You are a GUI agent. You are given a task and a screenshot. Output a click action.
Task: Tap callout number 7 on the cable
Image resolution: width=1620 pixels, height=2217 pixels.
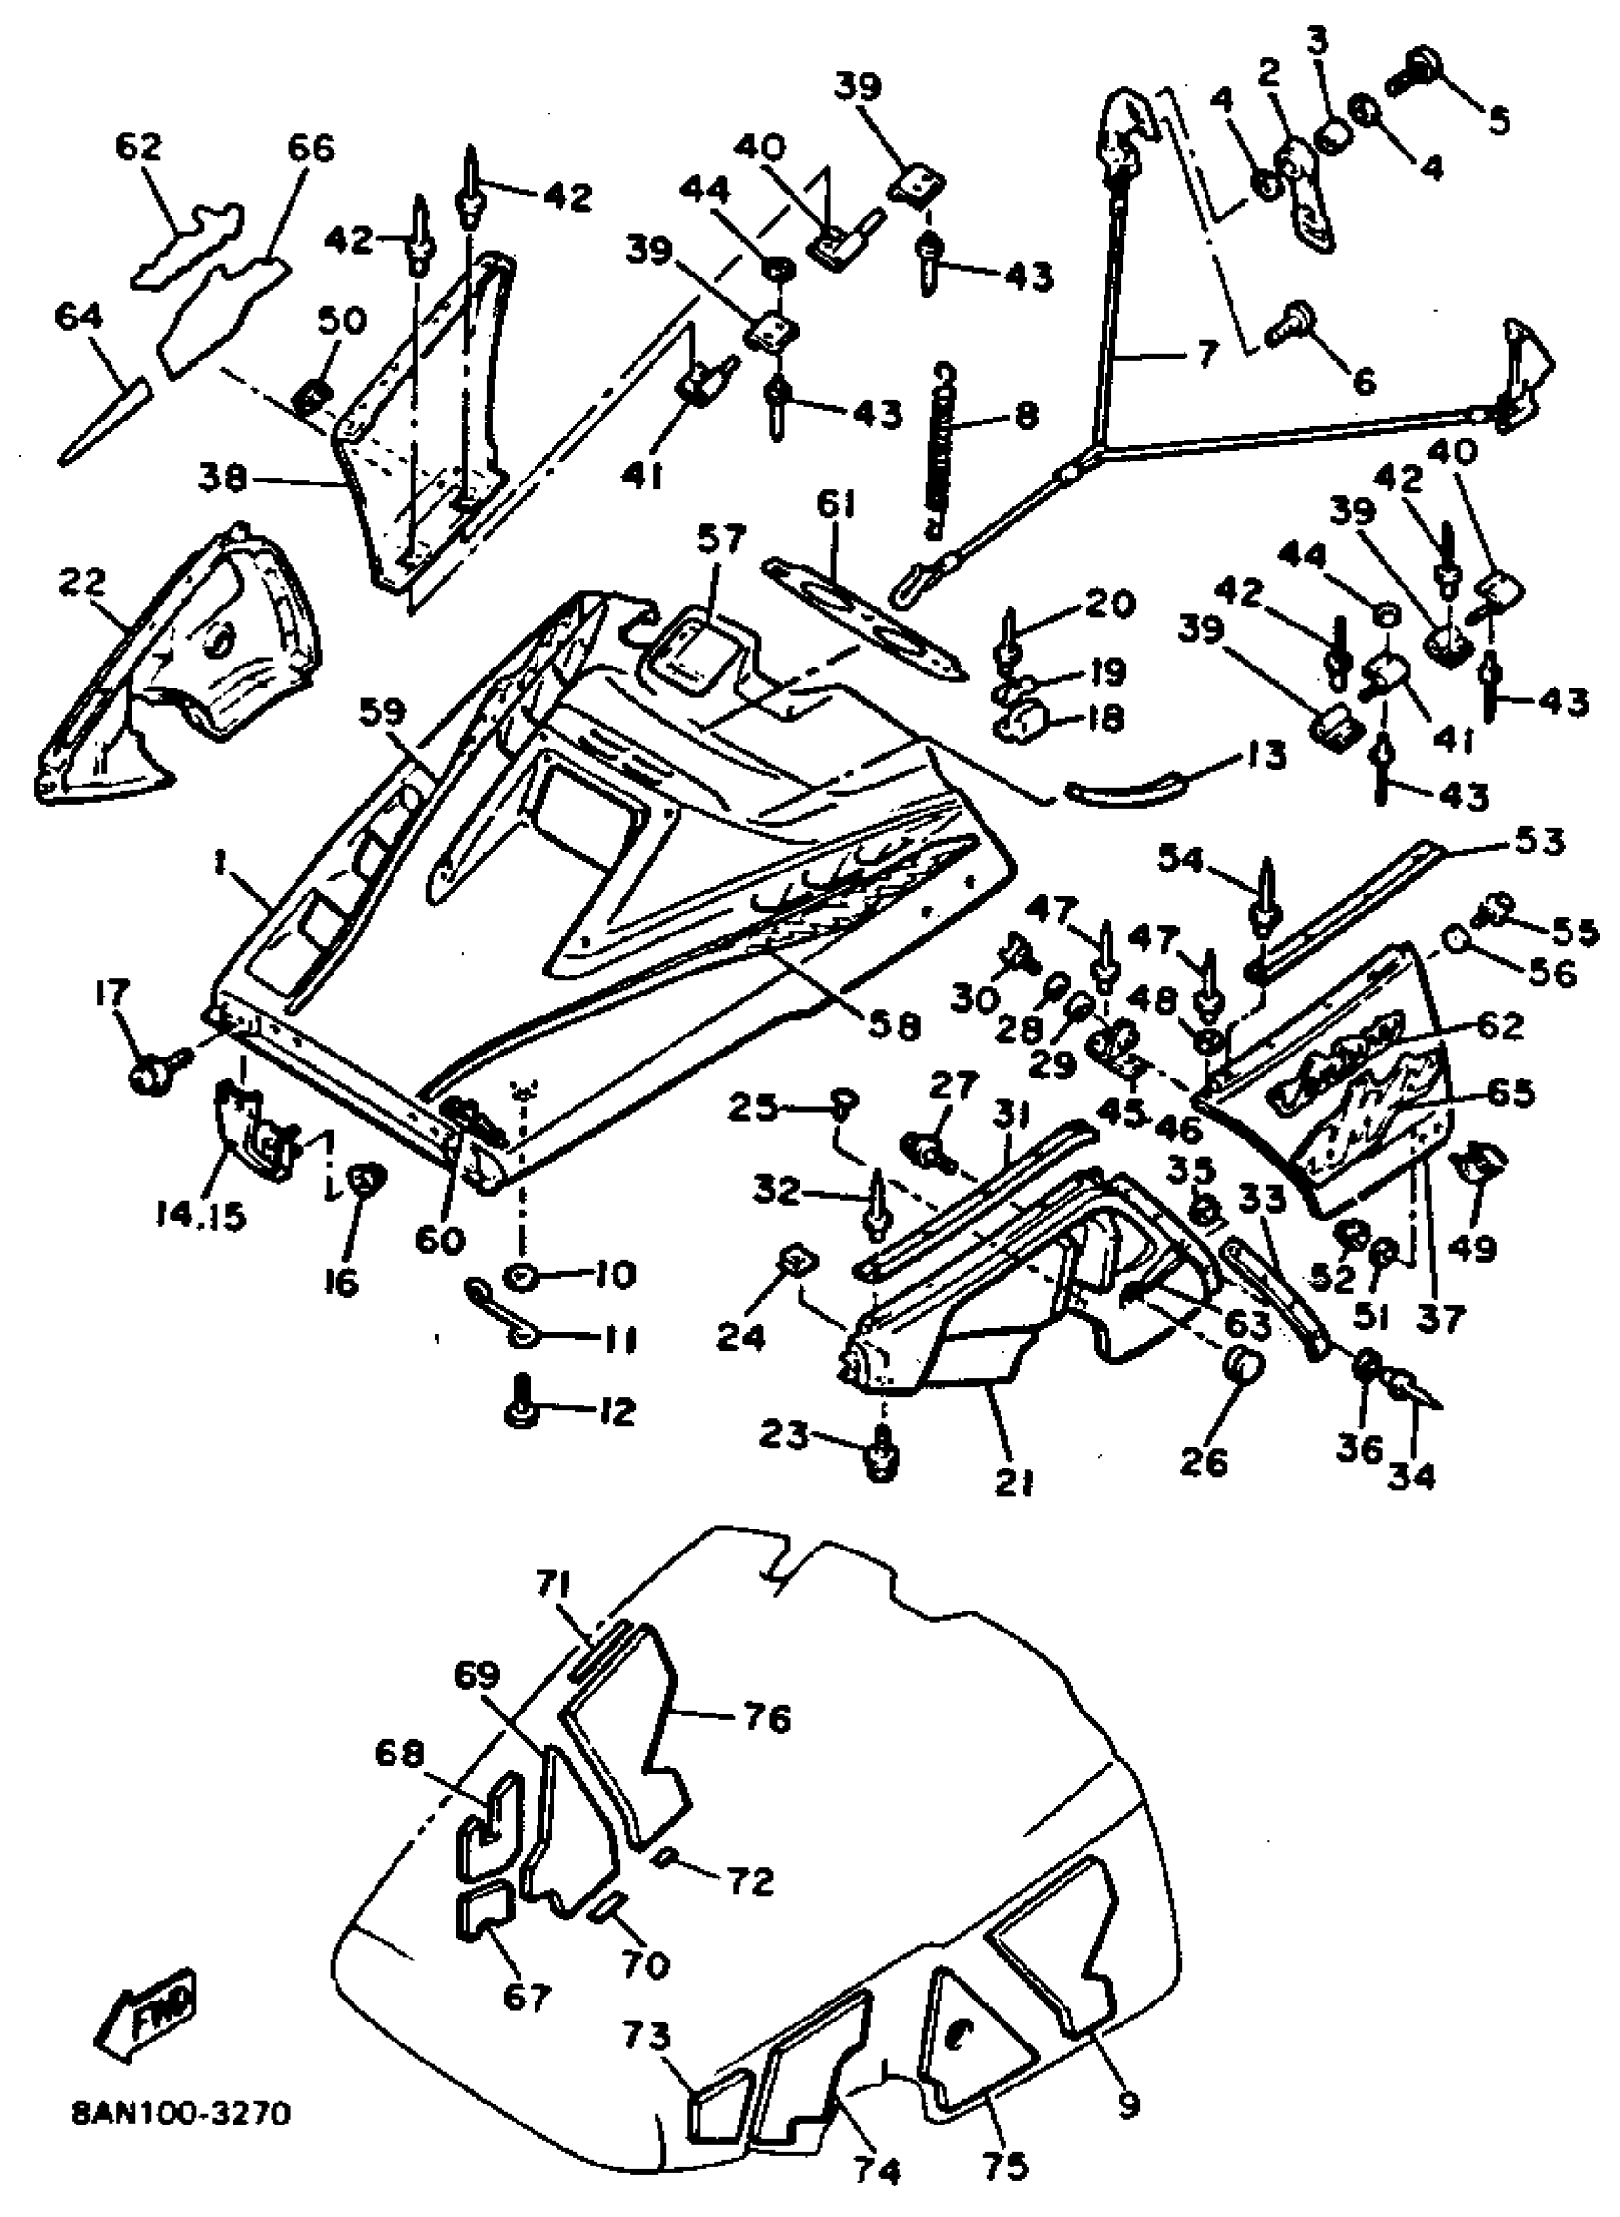[x=1204, y=354]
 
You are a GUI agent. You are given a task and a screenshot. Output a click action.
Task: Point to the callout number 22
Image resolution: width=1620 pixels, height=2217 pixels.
[x=82, y=582]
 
